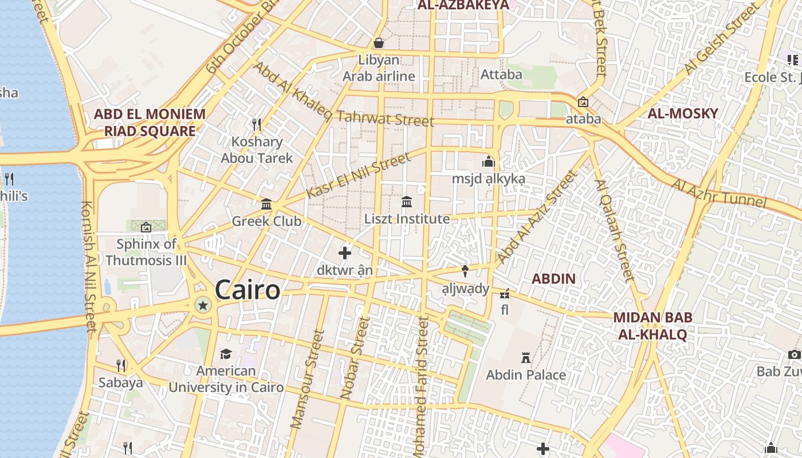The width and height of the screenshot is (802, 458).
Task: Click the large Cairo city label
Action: [247, 290]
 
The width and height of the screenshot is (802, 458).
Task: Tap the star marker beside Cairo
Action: [202, 305]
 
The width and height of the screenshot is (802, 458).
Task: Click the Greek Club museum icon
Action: [266, 204]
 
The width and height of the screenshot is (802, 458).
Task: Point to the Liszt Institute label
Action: [407, 219]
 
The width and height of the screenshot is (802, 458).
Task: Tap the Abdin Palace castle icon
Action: [525, 358]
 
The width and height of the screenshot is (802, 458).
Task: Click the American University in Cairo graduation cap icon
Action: [226, 354]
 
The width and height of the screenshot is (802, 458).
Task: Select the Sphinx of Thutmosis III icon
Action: [146, 227]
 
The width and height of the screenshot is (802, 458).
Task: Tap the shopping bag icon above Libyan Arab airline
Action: [378, 43]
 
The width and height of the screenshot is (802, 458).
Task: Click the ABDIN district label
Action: [553, 279]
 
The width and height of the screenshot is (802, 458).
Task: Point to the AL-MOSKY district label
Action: [682, 113]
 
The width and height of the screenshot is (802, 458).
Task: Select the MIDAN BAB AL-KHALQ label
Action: [652, 326]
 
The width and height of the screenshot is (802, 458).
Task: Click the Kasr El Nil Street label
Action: [359, 176]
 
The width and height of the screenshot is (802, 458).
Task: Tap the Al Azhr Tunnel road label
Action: [719, 194]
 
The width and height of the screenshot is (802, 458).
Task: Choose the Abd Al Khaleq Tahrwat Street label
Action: [343, 96]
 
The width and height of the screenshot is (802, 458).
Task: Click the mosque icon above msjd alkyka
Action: [488, 162]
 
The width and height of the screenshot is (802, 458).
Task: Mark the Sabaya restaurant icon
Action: [121, 365]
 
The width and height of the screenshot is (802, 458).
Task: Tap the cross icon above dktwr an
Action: [345, 252]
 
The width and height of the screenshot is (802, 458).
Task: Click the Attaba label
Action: [501, 74]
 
